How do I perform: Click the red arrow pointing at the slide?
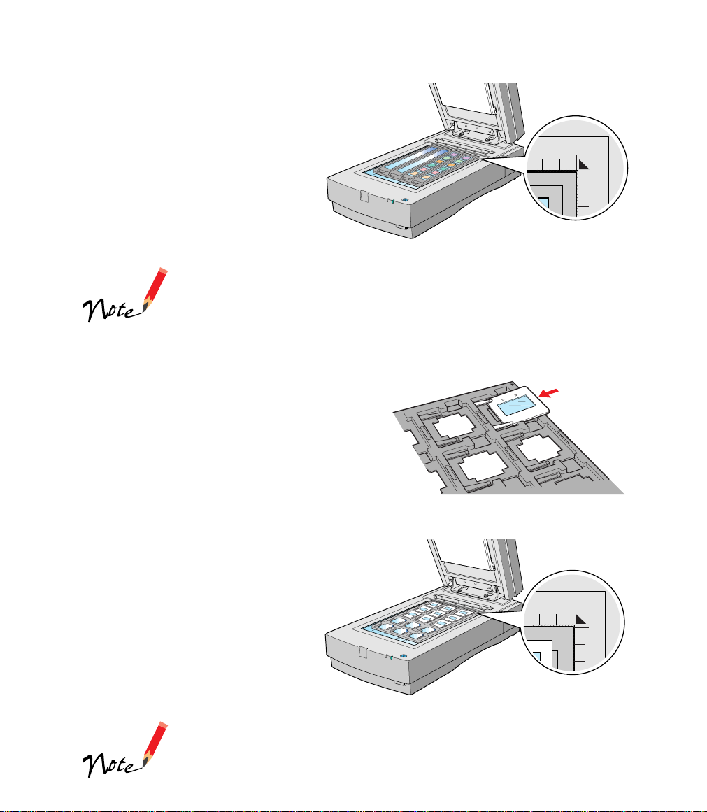pyautogui.click(x=548, y=393)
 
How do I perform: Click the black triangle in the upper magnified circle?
pyautogui.click(x=584, y=164)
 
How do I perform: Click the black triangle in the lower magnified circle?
pyautogui.click(x=580, y=620)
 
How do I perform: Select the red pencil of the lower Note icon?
pyautogui.click(x=155, y=744)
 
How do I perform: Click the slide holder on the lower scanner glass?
pyautogui.click(x=422, y=621)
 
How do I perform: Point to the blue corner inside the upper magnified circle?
pyautogui.click(x=543, y=203)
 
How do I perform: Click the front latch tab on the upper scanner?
pyautogui.click(x=364, y=197)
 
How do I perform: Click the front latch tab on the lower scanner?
pyautogui.click(x=362, y=652)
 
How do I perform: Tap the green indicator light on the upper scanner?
pyautogui.click(x=392, y=201)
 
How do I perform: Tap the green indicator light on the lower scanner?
pyautogui.click(x=391, y=657)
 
